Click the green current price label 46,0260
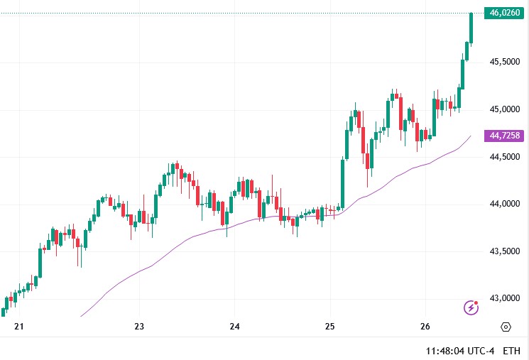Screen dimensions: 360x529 point(505,13)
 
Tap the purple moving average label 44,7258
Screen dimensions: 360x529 point(505,136)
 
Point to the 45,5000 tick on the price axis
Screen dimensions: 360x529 point(504,62)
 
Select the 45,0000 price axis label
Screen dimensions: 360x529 point(504,109)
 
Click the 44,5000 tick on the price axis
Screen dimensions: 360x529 point(504,157)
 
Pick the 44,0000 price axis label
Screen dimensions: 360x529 point(504,204)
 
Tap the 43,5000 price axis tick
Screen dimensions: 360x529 point(504,251)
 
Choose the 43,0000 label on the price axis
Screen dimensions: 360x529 point(504,299)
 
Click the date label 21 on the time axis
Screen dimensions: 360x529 point(19,327)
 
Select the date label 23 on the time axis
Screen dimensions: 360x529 point(139,327)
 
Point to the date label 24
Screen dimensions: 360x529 point(235,327)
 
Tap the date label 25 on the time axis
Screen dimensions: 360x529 point(329,327)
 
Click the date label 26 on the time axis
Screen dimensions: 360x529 point(425,327)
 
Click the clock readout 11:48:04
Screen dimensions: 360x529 point(446,351)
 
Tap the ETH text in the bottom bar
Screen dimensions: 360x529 point(511,351)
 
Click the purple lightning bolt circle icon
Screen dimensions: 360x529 point(471,307)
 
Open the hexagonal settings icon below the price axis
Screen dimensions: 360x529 point(506,327)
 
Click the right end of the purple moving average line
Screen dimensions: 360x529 point(470,136)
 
